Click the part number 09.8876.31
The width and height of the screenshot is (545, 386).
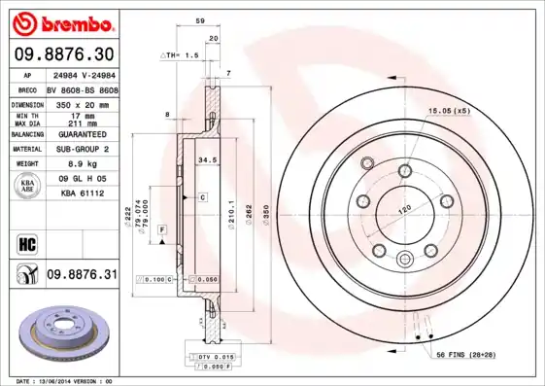click(82, 275)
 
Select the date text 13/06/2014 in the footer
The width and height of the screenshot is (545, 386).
click(69, 380)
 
